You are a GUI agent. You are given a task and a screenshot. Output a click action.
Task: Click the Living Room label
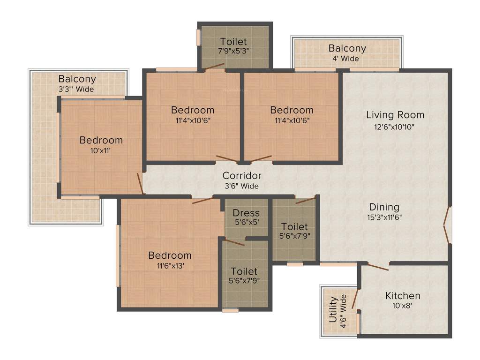(x=395, y=115)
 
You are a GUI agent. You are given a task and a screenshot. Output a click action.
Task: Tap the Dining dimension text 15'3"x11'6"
(x=384, y=217)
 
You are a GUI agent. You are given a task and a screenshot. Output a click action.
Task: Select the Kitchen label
(x=403, y=296)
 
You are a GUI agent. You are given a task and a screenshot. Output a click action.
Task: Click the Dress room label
(x=246, y=213)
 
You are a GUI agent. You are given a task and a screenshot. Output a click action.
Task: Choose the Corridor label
(x=241, y=176)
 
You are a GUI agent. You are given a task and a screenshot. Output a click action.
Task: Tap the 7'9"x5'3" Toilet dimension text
(x=233, y=51)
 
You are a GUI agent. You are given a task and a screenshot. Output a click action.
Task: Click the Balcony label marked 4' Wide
(x=347, y=48)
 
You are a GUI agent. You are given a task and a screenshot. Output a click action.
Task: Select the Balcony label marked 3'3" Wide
(x=77, y=79)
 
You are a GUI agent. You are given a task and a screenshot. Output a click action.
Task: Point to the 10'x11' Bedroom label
(x=101, y=140)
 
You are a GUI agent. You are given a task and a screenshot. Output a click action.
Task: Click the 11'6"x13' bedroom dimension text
(x=170, y=266)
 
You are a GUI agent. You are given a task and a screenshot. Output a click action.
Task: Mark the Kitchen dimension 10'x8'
(x=403, y=306)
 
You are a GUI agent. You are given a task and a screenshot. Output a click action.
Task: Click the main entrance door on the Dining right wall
(x=448, y=226)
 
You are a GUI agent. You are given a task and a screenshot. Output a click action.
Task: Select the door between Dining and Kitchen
(x=378, y=267)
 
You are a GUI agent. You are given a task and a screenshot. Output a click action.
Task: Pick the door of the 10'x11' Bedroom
(x=140, y=183)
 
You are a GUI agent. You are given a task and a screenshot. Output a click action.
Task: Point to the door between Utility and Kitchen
(x=355, y=299)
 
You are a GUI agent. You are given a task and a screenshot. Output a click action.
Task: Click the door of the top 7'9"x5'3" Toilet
(x=214, y=67)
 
